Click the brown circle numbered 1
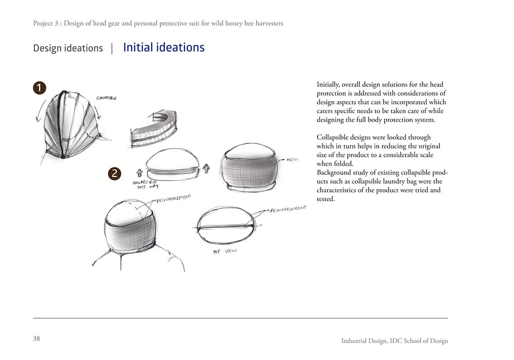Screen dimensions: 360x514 click(x=40, y=88)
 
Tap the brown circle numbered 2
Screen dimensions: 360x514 click(x=115, y=174)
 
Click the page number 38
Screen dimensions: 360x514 click(x=36, y=338)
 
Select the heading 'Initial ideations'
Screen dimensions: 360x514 click(x=163, y=48)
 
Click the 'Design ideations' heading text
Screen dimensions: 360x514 click(x=68, y=48)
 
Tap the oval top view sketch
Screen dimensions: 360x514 click(x=226, y=226)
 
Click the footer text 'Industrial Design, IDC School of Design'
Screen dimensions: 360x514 click(x=395, y=341)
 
